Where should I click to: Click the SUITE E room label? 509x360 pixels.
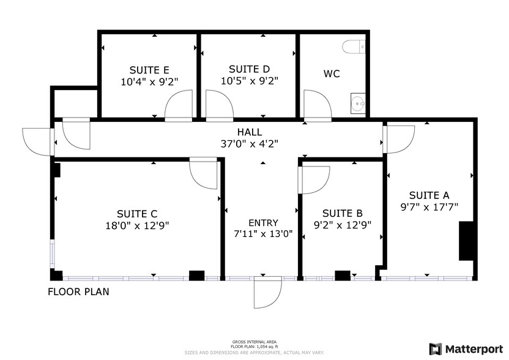point(149,69)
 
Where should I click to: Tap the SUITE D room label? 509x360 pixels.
point(250,69)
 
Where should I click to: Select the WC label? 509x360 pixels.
point(332,74)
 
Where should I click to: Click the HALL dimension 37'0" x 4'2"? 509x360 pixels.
point(250,143)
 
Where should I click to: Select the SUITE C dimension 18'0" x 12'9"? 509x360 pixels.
point(137,225)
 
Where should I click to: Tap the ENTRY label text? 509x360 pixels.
point(263,223)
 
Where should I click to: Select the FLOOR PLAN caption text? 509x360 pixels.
point(78,292)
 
